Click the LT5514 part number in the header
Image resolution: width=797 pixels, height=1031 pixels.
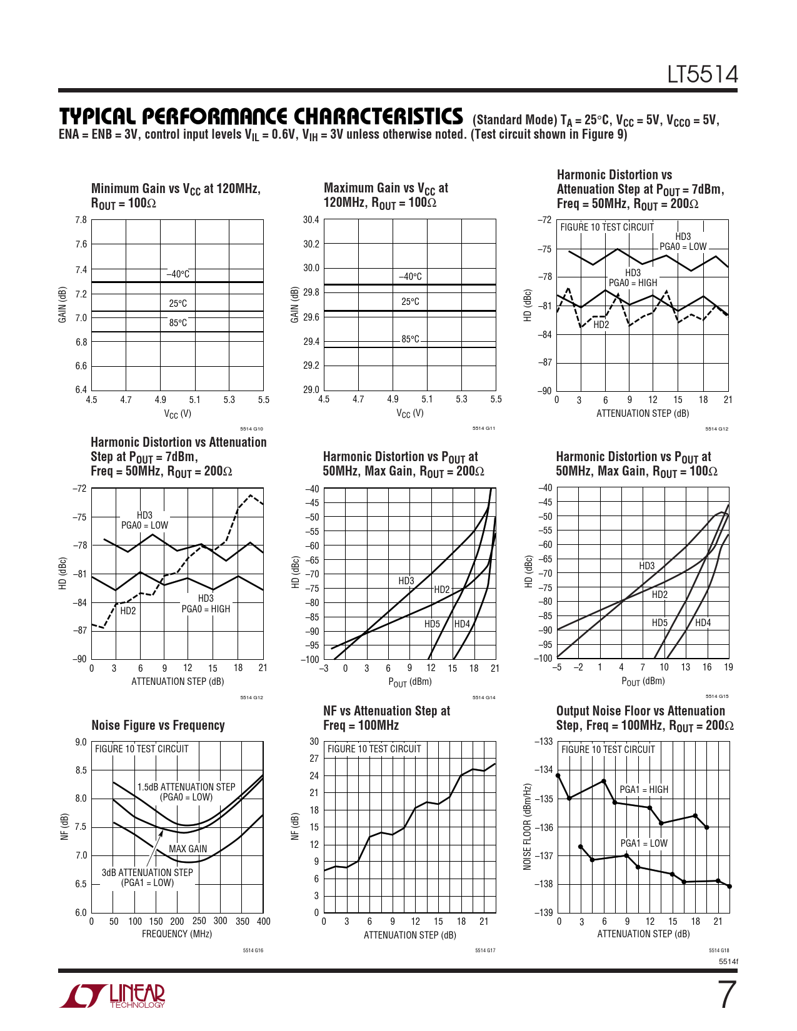702,75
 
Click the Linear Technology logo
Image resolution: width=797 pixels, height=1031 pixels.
113,996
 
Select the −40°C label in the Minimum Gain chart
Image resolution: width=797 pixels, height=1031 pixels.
178,274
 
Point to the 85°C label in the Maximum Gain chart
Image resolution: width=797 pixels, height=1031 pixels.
410,339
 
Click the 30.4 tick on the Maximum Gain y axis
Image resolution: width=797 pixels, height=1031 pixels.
311,220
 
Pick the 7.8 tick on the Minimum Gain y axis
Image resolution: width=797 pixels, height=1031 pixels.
81,220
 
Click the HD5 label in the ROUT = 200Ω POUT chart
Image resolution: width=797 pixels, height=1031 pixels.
432,624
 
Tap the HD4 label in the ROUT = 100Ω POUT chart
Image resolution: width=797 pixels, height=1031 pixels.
703,623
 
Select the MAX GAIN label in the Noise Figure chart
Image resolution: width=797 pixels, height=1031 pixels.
188,849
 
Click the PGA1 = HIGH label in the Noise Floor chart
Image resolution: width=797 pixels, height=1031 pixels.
644,790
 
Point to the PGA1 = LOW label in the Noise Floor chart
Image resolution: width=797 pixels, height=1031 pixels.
644,844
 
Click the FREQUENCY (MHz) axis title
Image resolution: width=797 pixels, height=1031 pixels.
177,934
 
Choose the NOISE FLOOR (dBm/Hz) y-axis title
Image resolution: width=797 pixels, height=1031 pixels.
527,826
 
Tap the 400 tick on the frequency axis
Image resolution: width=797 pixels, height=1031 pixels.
263,921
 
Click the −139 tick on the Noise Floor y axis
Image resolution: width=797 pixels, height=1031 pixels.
544,912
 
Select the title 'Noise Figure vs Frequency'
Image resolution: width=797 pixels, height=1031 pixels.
158,725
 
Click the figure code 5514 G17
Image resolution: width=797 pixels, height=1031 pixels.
485,950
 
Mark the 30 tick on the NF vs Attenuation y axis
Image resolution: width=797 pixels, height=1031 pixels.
314,742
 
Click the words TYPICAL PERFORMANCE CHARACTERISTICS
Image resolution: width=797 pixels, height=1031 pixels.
261,117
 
